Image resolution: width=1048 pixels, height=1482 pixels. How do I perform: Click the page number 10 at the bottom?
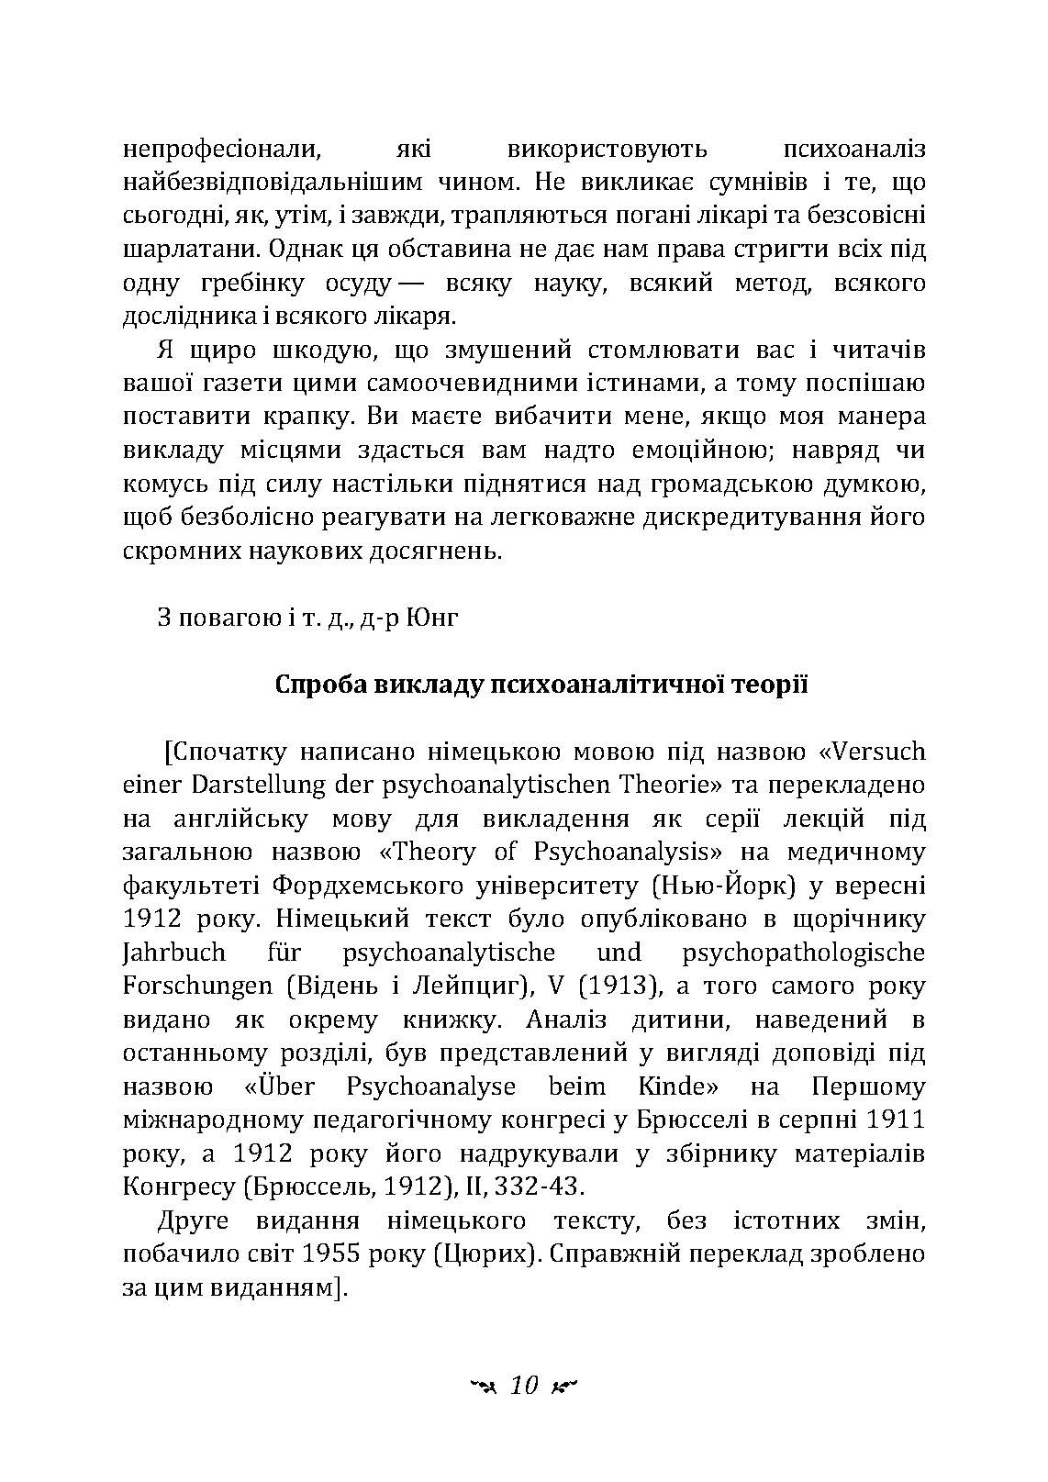[524, 1386]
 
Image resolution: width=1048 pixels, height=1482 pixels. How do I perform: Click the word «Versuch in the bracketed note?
[871, 752]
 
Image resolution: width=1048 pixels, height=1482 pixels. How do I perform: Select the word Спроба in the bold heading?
[320, 685]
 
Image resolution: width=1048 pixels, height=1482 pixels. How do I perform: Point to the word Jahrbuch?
[167, 953]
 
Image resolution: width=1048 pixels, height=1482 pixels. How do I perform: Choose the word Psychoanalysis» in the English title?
[628, 852]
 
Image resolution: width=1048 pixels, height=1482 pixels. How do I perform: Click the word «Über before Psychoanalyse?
[280, 1087]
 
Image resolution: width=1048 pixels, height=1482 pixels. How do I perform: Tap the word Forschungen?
[197, 986]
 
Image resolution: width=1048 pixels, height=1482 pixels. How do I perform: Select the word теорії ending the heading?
[768, 685]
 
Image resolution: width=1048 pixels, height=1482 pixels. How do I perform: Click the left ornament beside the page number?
[482, 1387]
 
